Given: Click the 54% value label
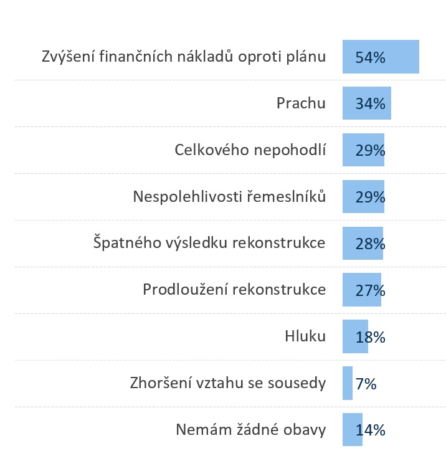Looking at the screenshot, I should (x=370, y=57).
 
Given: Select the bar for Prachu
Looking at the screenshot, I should (x=366, y=103).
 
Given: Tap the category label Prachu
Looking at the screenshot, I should (x=301, y=103).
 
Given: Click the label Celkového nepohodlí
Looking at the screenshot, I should (x=250, y=150).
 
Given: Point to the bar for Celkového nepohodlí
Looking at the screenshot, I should (x=363, y=150).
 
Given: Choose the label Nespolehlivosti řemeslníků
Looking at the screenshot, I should (x=229, y=197).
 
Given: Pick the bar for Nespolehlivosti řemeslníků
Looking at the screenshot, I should (x=363, y=197).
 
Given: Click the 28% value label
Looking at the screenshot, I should (x=370, y=244).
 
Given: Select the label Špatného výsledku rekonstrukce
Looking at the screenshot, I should (x=209, y=243).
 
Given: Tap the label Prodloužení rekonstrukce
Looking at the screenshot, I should (x=234, y=290).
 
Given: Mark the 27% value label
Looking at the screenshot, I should (x=370, y=290).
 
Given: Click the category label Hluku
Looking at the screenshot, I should (x=305, y=336).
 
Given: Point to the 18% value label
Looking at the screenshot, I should (x=370, y=337).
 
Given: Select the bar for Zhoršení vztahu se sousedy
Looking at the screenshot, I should (x=348, y=383).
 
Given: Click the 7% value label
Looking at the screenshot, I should (x=366, y=384).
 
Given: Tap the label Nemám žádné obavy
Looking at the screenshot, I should (x=250, y=430).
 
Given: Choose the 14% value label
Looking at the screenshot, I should (x=370, y=431).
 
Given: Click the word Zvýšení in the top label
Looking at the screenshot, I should (x=66, y=57).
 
